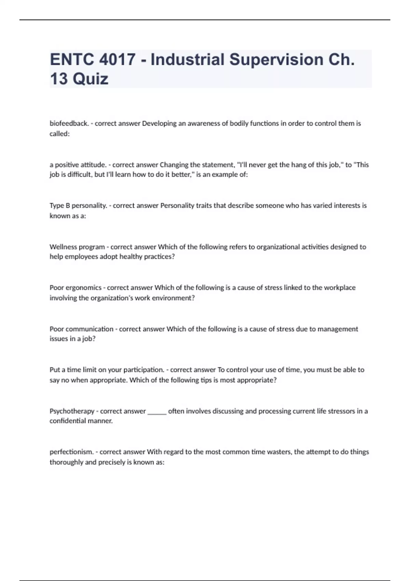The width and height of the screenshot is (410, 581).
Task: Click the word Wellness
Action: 63,247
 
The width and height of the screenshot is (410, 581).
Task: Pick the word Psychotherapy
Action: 72,411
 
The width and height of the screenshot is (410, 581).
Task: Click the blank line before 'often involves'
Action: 157,412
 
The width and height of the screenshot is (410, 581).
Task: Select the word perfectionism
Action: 71,452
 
